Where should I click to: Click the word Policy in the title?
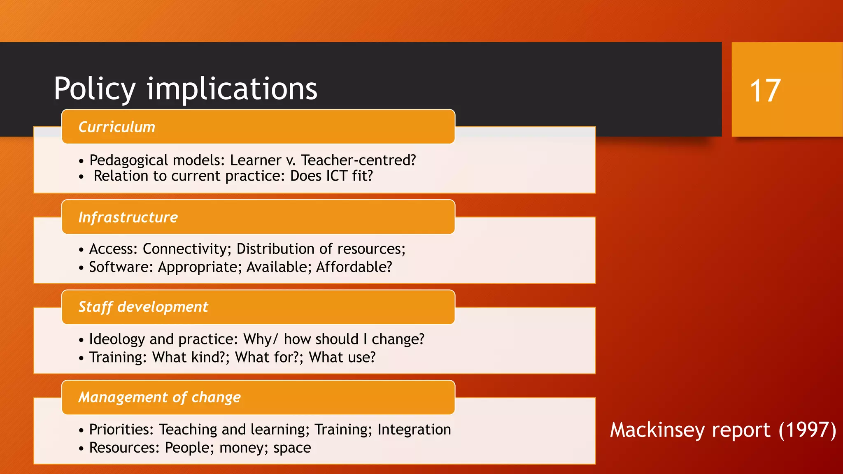tap(95, 89)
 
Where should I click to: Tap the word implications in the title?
tap(232, 89)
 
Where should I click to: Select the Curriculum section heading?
tap(117, 127)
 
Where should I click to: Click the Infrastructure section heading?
tap(128, 217)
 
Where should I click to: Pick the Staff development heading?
tap(143, 307)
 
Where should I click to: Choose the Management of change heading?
tap(160, 397)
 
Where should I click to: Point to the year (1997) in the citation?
tap(807, 430)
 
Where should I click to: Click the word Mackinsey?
tap(657, 430)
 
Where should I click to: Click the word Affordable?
tap(354, 267)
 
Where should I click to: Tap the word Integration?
tap(414, 430)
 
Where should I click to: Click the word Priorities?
tap(121, 430)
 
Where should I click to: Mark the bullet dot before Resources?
tap(81, 448)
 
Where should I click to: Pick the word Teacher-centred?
tap(359, 160)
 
